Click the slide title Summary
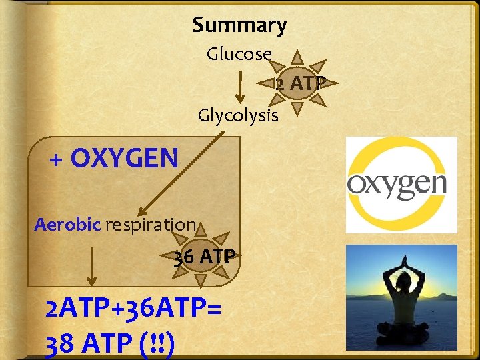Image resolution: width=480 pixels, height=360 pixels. click(x=239, y=25)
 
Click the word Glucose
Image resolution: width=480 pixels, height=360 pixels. click(x=239, y=54)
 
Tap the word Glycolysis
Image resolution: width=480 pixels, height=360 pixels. click(x=238, y=115)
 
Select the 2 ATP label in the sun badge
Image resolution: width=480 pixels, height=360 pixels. click(x=301, y=83)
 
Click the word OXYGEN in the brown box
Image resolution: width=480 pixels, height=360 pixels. click(x=124, y=159)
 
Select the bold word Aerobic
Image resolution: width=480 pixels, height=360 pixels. click(x=67, y=224)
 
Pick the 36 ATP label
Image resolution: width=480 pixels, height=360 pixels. click(x=204, y=257)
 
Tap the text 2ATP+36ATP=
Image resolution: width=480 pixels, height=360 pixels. click(x=133, y=309)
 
